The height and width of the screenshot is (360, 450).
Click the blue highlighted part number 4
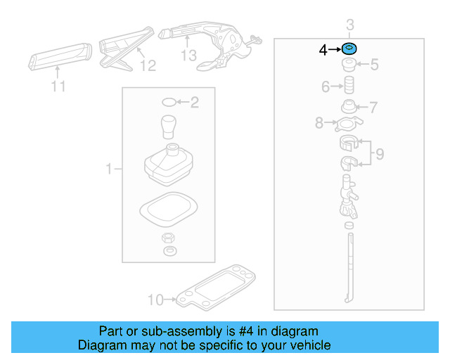point(349,49)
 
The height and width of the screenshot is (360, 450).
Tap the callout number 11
point(58,86)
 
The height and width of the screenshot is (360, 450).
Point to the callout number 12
point(147,65)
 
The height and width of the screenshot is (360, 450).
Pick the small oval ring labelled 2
point(168,103)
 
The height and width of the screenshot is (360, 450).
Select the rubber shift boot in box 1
point(169,167)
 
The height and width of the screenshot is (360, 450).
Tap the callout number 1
point(109,169)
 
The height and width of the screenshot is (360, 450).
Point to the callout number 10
point(155,300)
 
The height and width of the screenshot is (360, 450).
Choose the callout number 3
point(350,25)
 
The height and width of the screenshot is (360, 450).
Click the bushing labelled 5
point(348,65)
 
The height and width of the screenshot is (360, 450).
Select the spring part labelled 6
point(347,89)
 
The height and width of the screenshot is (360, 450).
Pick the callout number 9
point(379,153)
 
